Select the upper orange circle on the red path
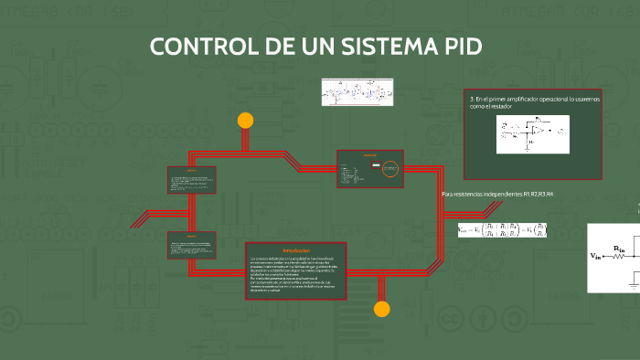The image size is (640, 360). (245, 120)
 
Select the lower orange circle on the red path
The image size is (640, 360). (382, 309)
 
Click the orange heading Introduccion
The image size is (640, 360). (295, 251)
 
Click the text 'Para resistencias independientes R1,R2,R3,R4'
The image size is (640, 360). (497, 195)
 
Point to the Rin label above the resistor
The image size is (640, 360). (619, 248)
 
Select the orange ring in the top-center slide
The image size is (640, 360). (390, 167)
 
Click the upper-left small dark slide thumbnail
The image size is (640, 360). (192, 180)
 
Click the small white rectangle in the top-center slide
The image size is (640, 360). (375, 166)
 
